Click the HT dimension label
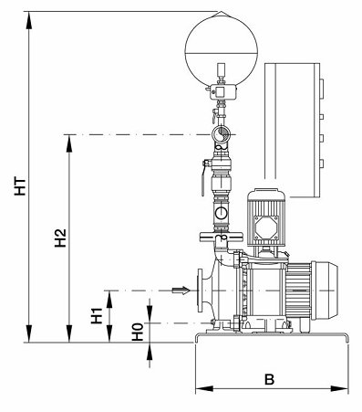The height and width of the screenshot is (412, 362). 20,186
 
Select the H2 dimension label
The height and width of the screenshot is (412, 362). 60,238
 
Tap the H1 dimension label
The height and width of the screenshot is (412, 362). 97,315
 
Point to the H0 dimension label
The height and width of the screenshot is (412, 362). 138,332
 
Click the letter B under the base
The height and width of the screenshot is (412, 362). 269,379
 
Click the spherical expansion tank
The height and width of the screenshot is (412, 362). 222,48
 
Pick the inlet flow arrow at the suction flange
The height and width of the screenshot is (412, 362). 181,291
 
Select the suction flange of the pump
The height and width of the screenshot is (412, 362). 200,291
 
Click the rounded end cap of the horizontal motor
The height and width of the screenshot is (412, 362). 325,291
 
